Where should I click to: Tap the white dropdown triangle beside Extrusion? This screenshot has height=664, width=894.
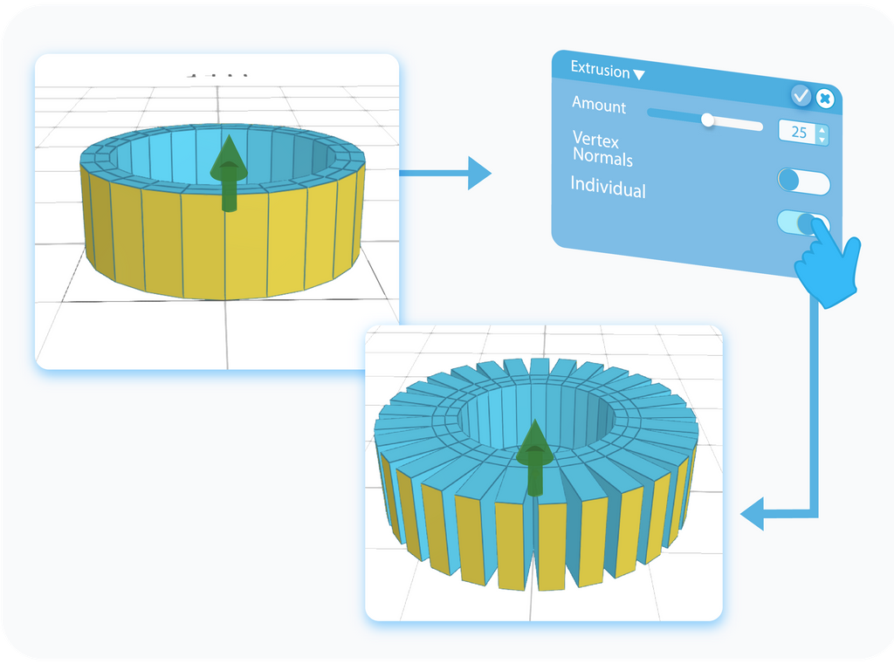639,75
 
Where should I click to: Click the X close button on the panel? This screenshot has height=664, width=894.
824,99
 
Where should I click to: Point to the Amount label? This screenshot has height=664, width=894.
599,106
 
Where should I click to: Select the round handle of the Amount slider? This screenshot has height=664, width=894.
708,120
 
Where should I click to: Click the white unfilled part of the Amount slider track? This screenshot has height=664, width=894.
738,124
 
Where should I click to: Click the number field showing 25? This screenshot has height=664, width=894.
798,133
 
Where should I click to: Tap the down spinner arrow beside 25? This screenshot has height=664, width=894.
822,140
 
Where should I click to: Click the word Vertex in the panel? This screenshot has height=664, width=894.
597,140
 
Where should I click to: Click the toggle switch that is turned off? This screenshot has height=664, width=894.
803,181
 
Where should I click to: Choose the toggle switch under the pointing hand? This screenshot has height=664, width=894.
801,222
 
